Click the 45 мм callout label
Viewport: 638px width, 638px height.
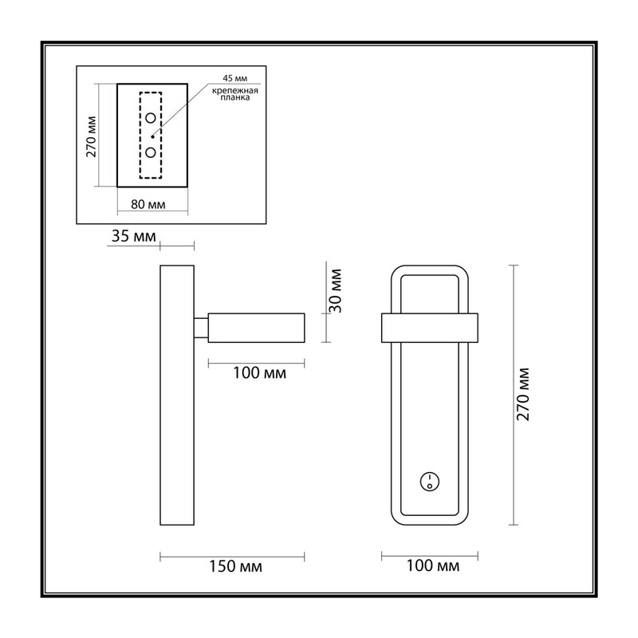click(x=234, y=78)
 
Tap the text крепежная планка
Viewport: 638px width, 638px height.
click(x=235, y=94)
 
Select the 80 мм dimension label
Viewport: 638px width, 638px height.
click(x=148, y=204)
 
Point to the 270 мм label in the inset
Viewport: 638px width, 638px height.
click(x=91, y=136)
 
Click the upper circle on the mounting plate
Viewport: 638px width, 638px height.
click(x=151, y=118)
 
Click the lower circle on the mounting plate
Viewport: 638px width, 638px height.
click(x=151, y=152)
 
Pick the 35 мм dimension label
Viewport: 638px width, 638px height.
click(x=134, y=236)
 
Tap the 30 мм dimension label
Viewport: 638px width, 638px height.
click(x=336, y=290)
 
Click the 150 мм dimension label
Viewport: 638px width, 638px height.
click(x=235, y=566)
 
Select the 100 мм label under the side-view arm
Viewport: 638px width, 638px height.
click(x=260, y=372)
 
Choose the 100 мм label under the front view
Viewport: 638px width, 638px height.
click(x=433, y=565)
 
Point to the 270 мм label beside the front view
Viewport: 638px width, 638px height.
click(x=522, y=394)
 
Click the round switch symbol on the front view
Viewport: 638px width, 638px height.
click(x=430, y=482)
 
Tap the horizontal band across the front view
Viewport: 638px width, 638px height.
click(x=430, y=328)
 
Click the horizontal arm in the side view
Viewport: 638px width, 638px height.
click(x=256, y=328)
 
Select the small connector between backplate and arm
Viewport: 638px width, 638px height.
click(x=201, y=328)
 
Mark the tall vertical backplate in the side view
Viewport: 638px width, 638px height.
click(x=177, y=395)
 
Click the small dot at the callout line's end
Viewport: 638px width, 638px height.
click(x=152, y=136)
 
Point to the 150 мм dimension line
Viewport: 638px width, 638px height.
click(x=232, y=557)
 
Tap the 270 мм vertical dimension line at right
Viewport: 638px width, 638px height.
click(x=514, y=395)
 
